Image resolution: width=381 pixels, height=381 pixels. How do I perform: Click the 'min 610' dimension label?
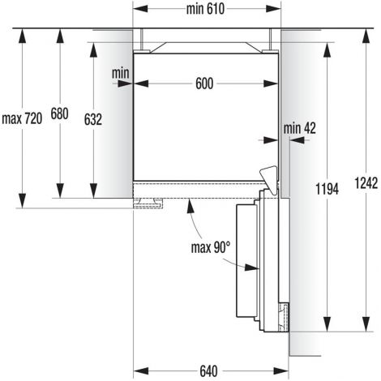click(x=205, y=9)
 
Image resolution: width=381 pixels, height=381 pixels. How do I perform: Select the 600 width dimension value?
click(x=204, y=83)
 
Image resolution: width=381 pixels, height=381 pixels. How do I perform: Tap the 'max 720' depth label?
click(x=22, y=118)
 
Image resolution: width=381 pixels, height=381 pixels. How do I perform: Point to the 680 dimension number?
click(x=59, y=113)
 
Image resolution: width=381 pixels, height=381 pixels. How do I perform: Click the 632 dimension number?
click(x=93, y=119)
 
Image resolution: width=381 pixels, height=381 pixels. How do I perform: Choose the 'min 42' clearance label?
click(x=299, y=128)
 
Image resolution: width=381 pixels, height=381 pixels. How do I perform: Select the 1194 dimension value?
click(x=327, y=189)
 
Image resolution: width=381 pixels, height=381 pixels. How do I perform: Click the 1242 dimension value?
click(x=366, y=183)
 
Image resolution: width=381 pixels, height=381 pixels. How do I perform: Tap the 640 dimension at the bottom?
click(x=208, y=371)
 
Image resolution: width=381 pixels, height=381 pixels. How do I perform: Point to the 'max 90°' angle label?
click(x=211, y=247)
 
